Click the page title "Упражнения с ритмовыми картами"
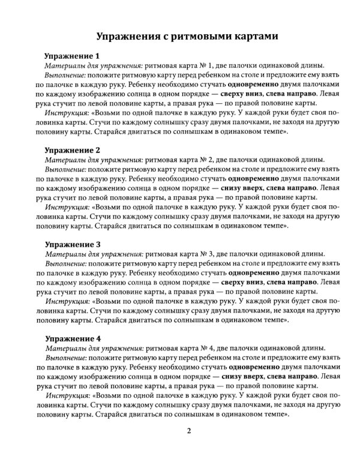(x=180, y=35)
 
